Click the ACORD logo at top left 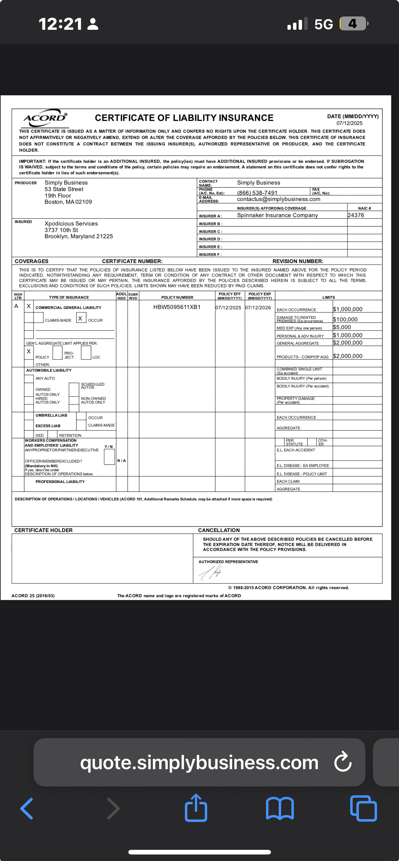45,118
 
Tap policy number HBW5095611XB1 177,307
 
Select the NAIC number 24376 355,215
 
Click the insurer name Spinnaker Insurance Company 277,215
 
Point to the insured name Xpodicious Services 71,224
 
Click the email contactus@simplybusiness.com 278,199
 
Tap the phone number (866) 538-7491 257,193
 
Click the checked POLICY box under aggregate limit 29,352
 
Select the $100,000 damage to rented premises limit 345,320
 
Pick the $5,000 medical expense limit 342,327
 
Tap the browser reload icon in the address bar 343,762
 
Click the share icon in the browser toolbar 196,808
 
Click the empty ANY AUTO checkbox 29,378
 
